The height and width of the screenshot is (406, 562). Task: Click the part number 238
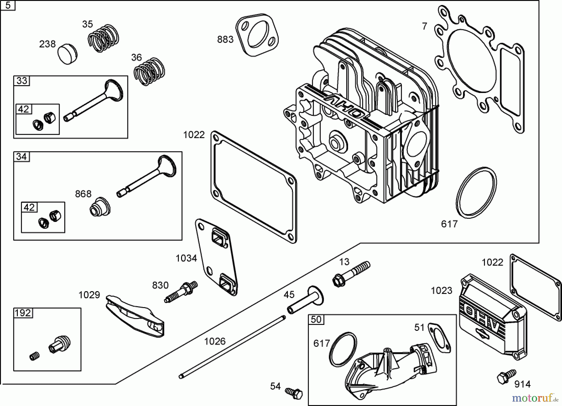pos(47,44)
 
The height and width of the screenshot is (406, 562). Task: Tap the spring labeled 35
pos(103,38)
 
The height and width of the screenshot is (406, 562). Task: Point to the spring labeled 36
pos(149,72)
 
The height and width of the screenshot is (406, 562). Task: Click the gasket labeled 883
pos(257,35)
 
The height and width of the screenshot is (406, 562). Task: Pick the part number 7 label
pos(424,27)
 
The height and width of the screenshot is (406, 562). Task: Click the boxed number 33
pos(22,81)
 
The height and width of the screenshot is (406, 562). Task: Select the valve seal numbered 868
pos(100,207)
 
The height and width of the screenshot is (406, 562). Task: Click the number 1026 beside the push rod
pos(215,341)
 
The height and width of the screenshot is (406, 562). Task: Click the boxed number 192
pos(23,313)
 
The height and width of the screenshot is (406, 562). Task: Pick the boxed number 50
pos(316,320)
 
